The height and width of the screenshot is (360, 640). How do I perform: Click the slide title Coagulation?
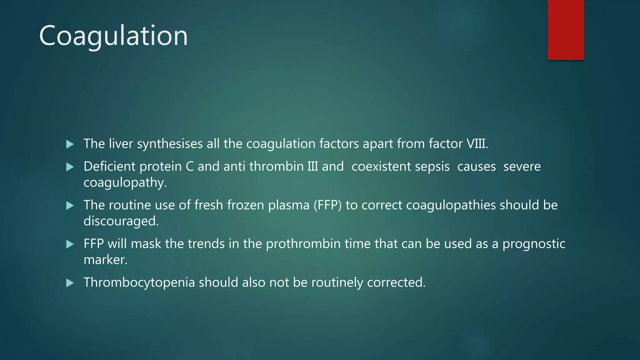tap(113, 36)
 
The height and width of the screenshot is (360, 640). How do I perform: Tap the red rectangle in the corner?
tap(566, 30)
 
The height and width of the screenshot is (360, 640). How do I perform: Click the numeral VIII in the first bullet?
tap(477, 144)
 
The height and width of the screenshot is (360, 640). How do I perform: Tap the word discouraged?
tap(121, 221)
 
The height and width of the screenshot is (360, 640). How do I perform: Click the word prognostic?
tap(534, 244)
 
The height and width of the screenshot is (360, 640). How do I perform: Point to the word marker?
tap(105, 260)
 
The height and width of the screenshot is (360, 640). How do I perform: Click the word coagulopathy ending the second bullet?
tap(125, 182)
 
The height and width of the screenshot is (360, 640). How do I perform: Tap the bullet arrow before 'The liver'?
tap(70, 144)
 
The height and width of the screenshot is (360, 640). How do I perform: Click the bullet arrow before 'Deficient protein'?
tap(70, 167)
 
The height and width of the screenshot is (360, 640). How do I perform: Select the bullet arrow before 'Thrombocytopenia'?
tap(70, 283)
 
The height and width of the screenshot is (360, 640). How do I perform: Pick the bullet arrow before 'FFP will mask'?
tap(70, 244)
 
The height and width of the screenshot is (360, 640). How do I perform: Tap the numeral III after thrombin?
tap(312, 167)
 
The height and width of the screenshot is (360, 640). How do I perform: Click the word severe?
tap(522, 167)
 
